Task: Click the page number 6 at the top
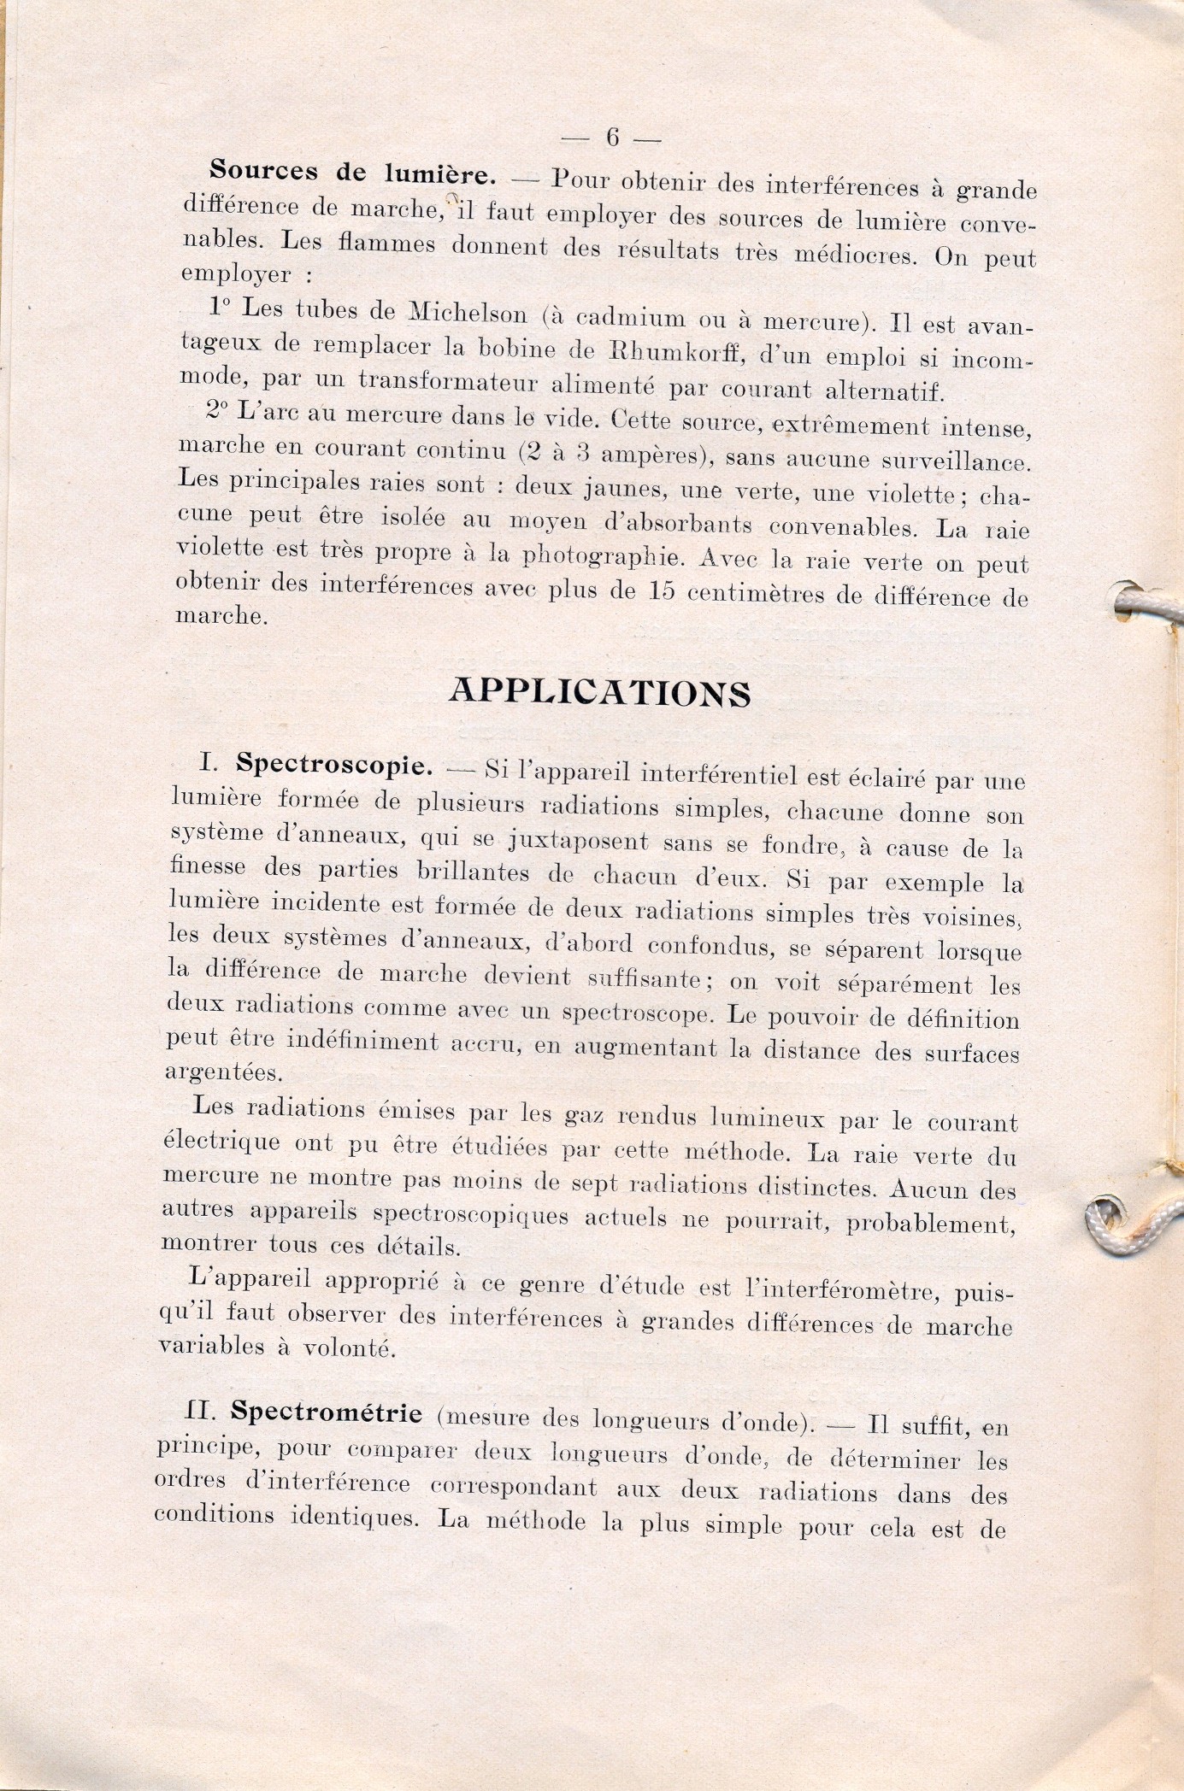point(611,137)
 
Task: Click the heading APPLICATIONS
point(599,693)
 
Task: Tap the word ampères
point(651,455)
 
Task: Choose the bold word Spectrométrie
point(327,1412)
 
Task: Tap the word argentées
point(209,1072)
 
